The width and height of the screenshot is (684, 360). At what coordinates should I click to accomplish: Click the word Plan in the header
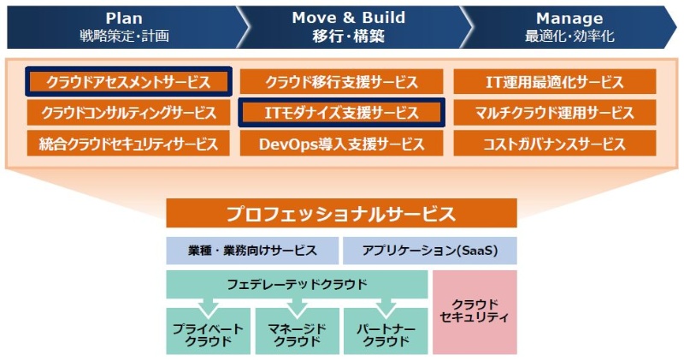pos(124,18)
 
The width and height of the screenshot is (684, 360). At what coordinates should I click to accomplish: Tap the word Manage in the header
pos(569,18)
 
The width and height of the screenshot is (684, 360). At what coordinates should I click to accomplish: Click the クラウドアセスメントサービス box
pos(128,82)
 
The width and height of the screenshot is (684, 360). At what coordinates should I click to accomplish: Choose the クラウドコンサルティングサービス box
pos(128,112)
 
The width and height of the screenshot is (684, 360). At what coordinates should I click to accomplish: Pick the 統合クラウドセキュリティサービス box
pos(128,143)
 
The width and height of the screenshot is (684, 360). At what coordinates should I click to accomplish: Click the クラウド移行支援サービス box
pos(341,82)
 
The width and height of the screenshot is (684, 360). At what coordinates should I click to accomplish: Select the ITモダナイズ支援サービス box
pos(341,112)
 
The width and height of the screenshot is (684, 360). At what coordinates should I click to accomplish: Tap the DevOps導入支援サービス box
pos(341,143)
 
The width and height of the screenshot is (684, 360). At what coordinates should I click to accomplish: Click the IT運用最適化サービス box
pos(555,82)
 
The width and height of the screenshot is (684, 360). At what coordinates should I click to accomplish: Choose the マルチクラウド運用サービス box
pos(555,112)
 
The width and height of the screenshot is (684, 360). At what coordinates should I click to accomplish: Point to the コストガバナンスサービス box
pos(555,143)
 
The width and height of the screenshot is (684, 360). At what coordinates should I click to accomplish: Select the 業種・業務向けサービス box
pos(252,251)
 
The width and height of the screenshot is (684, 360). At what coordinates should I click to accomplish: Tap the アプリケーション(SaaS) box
pos(430,251)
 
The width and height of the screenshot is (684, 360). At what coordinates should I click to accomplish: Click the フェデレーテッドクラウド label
pos(297,283)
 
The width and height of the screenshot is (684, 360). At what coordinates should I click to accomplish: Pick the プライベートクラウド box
pos(208,334)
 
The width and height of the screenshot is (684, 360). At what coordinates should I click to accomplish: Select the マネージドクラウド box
pos(297,334)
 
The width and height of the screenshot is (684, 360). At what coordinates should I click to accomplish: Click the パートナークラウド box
pos(386,334)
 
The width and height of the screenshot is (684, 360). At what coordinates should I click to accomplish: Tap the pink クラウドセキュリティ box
pos(475,312)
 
